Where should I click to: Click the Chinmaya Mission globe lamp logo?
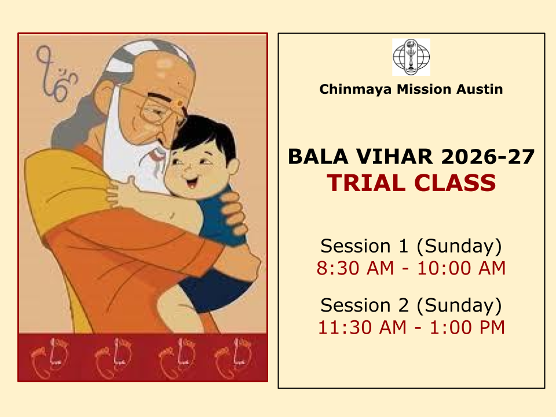tap(411, 57)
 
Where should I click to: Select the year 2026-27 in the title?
tap(488, 157)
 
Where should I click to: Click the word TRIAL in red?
tap(366, 183)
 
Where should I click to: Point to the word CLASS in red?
tap(455, 183)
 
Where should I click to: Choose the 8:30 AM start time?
tap(355, 268)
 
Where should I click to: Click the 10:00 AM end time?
tap(462, 268)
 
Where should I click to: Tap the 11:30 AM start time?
tap(362, 327)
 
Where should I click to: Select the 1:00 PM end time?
tap(467, 327)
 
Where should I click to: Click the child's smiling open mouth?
tap(192, 182)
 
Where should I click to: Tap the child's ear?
tap(233, 166)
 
